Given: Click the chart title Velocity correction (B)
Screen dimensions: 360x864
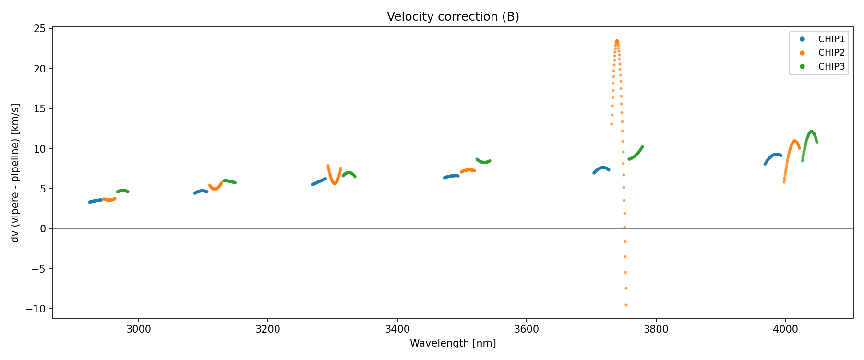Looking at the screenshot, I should click(x=453, y=17).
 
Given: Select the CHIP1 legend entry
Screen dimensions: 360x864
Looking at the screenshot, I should click(x=831, y=39).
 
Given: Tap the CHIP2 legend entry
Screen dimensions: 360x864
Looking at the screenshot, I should click(x=831, y=53).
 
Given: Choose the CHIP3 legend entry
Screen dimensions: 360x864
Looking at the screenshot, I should click(x=831, y=67).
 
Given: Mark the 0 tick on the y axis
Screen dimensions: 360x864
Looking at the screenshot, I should click(x=43, y=229).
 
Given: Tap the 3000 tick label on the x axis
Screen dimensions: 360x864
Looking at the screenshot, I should click(x=139, y=329).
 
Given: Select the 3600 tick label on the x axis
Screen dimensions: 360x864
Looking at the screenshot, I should click(x=527, y=329).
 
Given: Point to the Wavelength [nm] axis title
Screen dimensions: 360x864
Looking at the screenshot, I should click(x=453, y=343).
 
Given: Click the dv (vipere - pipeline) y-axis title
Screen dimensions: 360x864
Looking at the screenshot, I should click(x=15, y=173).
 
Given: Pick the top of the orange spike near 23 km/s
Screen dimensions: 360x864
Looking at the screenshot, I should click(x=617, y=41).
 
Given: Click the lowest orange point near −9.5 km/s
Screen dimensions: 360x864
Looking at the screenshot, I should click(x=626, y=305).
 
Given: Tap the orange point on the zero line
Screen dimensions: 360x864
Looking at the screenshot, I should click(x=624, y=228).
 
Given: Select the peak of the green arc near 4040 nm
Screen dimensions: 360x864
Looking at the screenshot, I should click(x=811, y=132).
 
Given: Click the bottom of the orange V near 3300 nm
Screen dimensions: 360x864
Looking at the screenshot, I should click(x=335, y=183).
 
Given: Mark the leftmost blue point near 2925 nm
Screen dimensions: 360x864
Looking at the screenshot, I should click(x=90, y=202).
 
